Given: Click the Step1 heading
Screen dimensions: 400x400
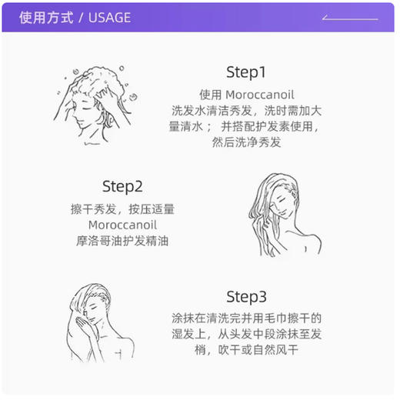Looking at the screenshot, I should coord(245,72).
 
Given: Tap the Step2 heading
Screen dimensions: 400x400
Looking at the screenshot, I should coord(123,186).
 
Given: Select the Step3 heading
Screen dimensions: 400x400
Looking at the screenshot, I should coord(246,297).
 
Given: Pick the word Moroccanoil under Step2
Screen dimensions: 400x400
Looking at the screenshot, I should coord(122,225).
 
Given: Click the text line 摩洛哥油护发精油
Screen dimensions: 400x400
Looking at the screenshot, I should coord(123,241).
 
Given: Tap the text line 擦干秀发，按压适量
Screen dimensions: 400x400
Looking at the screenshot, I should coord(123,208).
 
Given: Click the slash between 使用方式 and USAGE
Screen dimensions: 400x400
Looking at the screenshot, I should coord(80,17).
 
